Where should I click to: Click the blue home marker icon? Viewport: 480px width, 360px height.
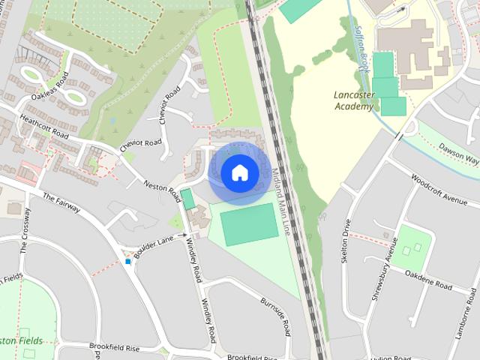point(239,173)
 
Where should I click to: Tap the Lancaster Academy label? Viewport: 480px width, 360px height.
point(353,100)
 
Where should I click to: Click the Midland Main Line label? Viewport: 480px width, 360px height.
point(281,202)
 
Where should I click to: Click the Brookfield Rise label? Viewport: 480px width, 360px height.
point(115,328)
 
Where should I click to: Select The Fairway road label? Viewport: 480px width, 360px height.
point(61,202)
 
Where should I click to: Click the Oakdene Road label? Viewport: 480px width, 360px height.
point(428,281)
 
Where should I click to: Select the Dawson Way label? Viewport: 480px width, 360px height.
point(459,154)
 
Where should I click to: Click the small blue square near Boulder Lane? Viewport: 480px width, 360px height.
point(128,262)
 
